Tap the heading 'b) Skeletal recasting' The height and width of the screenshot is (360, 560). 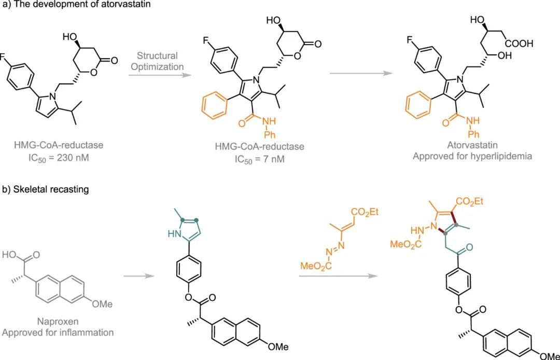[x=45, y=189]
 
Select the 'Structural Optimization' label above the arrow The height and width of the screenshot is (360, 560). [x=158, y=61]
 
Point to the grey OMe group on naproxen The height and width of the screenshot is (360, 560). [x=102, y=304]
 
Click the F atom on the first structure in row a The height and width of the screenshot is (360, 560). [x=4, y=56]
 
